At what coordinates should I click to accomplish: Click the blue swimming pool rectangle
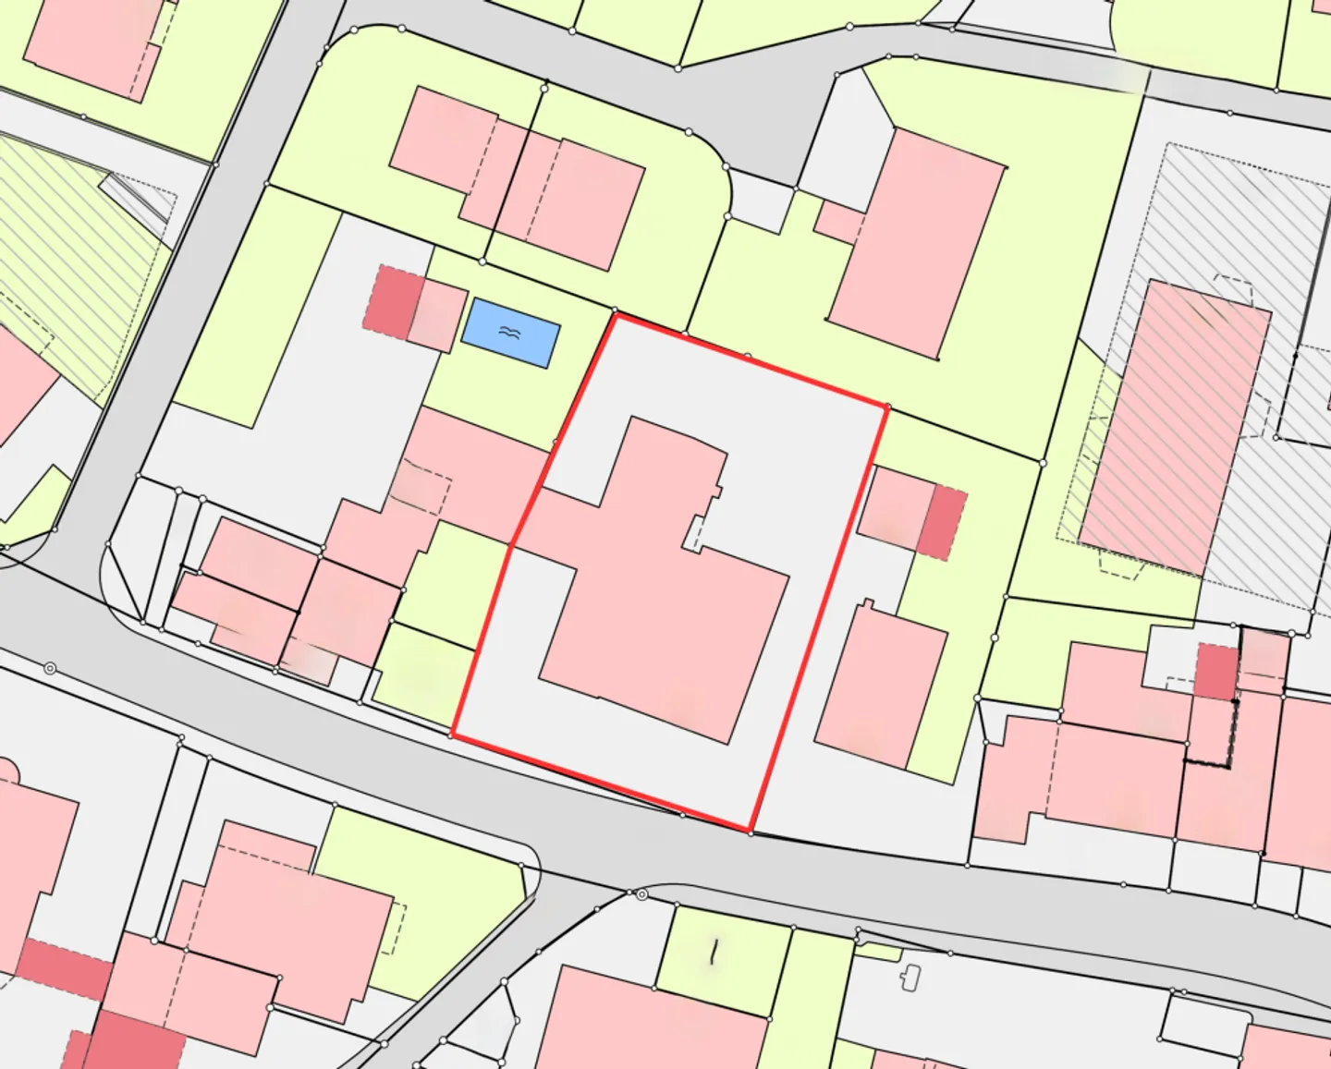tap(510, 332)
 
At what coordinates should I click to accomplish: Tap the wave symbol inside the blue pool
tap(509, 331)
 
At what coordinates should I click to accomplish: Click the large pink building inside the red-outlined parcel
tap(665, 601)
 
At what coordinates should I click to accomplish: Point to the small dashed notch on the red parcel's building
tap(695, 534)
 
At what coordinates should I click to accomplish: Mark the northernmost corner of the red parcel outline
tap(616, 315)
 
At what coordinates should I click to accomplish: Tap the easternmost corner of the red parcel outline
tap(886, 407)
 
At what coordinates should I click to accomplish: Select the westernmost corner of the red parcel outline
tap(453, 735)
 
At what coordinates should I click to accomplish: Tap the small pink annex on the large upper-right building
tap(839, 221)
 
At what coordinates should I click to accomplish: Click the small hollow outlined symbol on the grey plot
tap(911, 977)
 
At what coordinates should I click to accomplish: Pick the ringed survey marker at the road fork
tap(641, 894)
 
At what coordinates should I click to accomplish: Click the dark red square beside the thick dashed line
tap(1216, 671)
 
